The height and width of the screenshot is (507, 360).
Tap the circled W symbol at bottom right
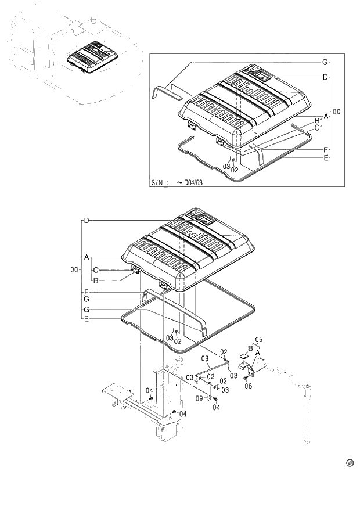(x=350, y=463)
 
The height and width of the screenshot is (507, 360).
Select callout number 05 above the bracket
(x=260, y=339)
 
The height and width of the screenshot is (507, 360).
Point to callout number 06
(x=248, y=386)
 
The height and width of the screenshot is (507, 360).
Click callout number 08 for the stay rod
(x=204, y=358)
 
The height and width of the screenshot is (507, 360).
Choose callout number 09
(x=199, y=398)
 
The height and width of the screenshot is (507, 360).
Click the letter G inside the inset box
(x=325, y=62)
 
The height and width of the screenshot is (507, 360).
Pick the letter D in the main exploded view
(x=86, y=221)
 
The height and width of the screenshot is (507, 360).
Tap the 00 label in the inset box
(x=336, y=111)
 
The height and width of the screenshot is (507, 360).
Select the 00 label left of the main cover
(x=74, y=270)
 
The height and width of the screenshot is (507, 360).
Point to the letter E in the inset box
(x=326, y=158)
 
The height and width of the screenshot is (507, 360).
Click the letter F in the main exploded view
(x=86, y=292)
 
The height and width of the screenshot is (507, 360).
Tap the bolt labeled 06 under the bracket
(x=246, y=378)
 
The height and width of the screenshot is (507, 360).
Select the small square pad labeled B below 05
(x=244, y=355)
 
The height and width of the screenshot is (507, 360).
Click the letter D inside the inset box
(x=326, y=77)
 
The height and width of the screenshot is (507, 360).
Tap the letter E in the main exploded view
(x=86, y=319)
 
